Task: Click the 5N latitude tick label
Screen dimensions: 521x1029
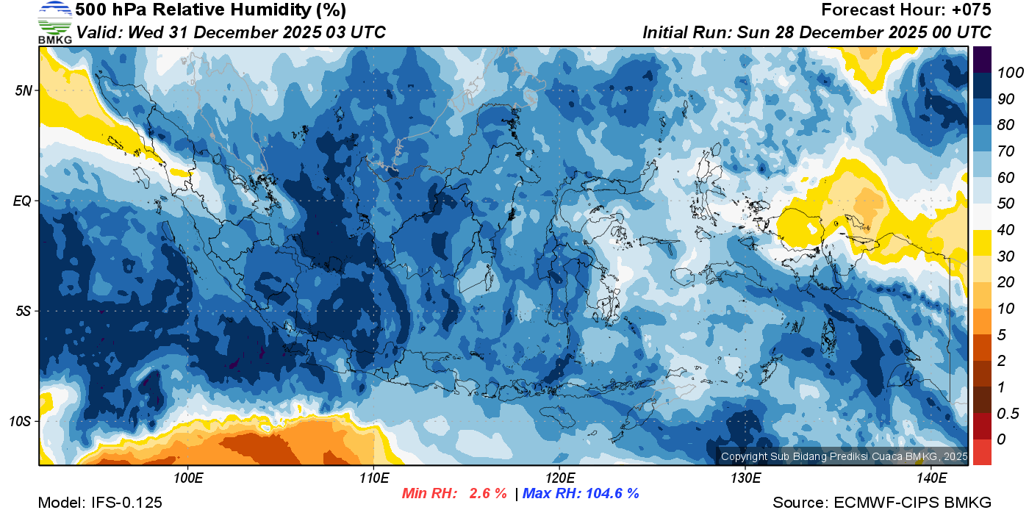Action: [23, 90]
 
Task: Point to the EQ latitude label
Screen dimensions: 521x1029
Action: [23, 201]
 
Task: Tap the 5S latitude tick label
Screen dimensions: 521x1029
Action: [23, 311]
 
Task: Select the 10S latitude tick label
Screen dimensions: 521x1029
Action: [20, 421]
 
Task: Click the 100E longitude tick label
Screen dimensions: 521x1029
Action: [188, 478]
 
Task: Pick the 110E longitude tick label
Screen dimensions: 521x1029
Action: [373, 478]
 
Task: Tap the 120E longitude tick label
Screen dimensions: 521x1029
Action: [559, 478]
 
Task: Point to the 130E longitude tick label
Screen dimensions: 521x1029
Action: [745, 478]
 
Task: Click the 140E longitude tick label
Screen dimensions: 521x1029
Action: [931, 478]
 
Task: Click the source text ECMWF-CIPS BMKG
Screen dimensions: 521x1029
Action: [912, 503]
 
